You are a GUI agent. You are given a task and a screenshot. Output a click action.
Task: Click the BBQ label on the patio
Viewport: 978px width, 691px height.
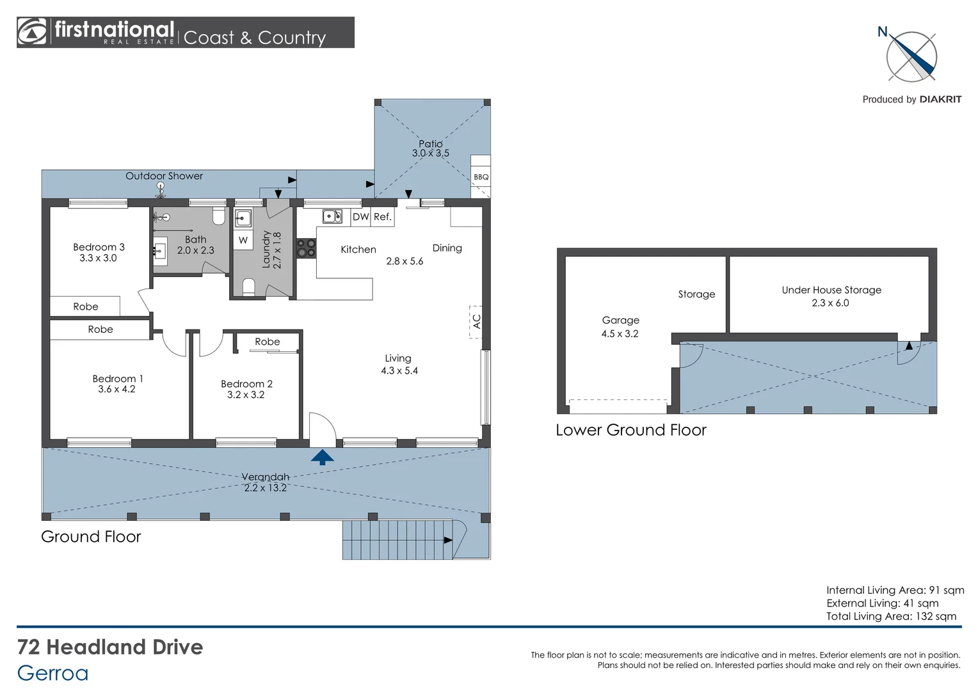coord(481,177)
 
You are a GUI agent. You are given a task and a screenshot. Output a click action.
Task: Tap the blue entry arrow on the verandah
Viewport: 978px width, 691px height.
coord(322,457)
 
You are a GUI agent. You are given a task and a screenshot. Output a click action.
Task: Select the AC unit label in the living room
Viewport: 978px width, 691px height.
coord(476,322)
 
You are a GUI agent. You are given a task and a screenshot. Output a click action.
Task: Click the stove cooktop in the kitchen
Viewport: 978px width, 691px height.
coord(307,248)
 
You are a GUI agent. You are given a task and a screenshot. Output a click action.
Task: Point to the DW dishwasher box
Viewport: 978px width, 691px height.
coord(360,216)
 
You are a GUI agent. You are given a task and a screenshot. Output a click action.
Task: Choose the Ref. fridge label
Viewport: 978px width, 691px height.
coord(383,216)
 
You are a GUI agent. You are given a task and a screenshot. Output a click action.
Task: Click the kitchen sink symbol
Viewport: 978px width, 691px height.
coord(332,216)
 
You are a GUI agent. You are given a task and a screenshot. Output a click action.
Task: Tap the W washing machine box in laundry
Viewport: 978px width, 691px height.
coord(243,240)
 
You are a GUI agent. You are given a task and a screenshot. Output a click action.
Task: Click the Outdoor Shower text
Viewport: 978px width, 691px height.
coord(164,176)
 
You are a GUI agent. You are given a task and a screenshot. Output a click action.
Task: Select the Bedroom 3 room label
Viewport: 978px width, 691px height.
coord(99,247)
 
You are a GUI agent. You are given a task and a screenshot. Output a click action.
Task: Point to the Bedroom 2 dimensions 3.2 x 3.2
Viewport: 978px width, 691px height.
coord(246,395)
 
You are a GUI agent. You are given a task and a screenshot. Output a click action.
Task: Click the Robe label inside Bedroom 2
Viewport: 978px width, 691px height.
coord(267,342)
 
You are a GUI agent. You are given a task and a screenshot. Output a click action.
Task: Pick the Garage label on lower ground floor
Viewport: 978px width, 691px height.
coord(620,321)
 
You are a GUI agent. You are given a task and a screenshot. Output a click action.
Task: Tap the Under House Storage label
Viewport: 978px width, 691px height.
coord(831,290)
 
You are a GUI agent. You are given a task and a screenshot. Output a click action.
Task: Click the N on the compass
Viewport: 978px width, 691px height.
coord(883,32)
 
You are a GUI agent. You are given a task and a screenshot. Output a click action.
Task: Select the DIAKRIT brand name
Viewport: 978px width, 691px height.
coord(940,100)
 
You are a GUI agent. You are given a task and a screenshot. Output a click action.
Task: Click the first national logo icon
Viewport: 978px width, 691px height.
coord(31,31)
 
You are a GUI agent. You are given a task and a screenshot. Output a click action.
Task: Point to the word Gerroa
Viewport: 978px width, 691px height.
coord(53,673)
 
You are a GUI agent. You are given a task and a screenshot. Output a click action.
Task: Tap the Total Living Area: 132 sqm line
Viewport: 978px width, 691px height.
coord(891,616)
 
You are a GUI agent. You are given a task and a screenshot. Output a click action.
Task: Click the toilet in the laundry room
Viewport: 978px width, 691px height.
coord(248,287)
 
